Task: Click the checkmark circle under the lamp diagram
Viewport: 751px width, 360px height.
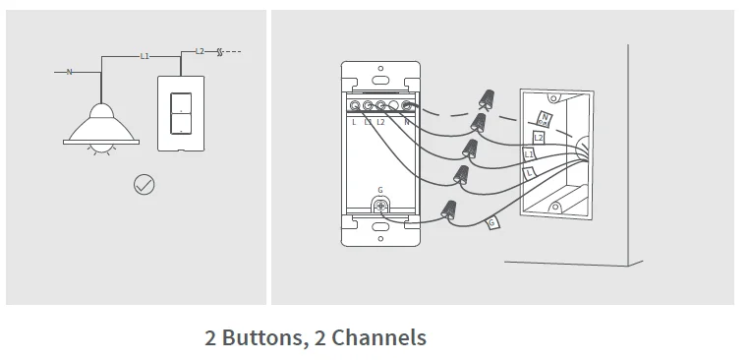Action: pyautogui.click(x=144, y=183)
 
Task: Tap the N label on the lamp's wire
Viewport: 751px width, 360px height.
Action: pyautogui.click(x=69, y=72)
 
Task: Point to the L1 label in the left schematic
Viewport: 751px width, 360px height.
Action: pyautogui.click(x=144, y=57)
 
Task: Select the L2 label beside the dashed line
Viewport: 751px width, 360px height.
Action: pyautogui.click(x=200, y=51)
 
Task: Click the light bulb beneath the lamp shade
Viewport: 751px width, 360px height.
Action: pyautogui.click(x=100, y=149)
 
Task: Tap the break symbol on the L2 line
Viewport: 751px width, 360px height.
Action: pyautogui.click(x=220, y=51)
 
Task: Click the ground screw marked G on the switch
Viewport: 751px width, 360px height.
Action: pyautogui.click(x=379, y=206)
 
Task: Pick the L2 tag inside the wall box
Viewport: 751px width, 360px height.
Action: pyautogui.click(x=538, y=138)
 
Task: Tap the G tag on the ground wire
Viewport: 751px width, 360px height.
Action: pyautogui.click(x=492, y=223)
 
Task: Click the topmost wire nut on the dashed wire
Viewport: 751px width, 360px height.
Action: pyautogui.click(x=486, y=98)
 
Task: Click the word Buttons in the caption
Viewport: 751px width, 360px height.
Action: pyautogui.click(x=260, y=338)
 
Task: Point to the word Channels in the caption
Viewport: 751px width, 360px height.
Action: pyautogui.click(x=379, y=338)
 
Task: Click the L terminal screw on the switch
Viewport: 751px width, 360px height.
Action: pyautogui.click(x=354, y=104)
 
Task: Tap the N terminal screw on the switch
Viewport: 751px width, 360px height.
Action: pyautogui.click(x=406, y=104)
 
